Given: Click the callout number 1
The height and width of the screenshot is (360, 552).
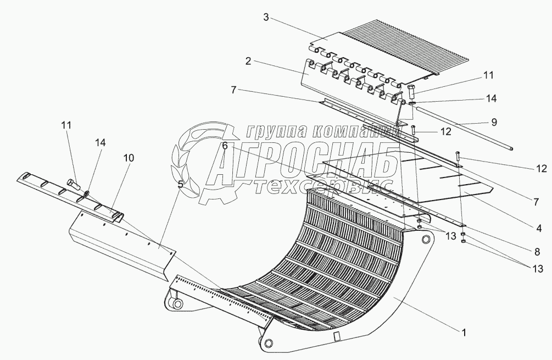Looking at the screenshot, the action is (465, 331).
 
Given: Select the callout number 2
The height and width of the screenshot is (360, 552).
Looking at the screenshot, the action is (248, 62).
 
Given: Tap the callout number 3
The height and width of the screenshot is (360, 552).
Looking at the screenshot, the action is (265, 18).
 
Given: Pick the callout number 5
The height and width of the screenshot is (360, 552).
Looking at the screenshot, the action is (180, 185).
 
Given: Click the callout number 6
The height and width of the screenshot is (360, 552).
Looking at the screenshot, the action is (225, 146).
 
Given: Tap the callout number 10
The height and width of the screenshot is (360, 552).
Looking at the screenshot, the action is (129, 158).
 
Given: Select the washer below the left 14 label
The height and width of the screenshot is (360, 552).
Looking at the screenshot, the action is (87, 193).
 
